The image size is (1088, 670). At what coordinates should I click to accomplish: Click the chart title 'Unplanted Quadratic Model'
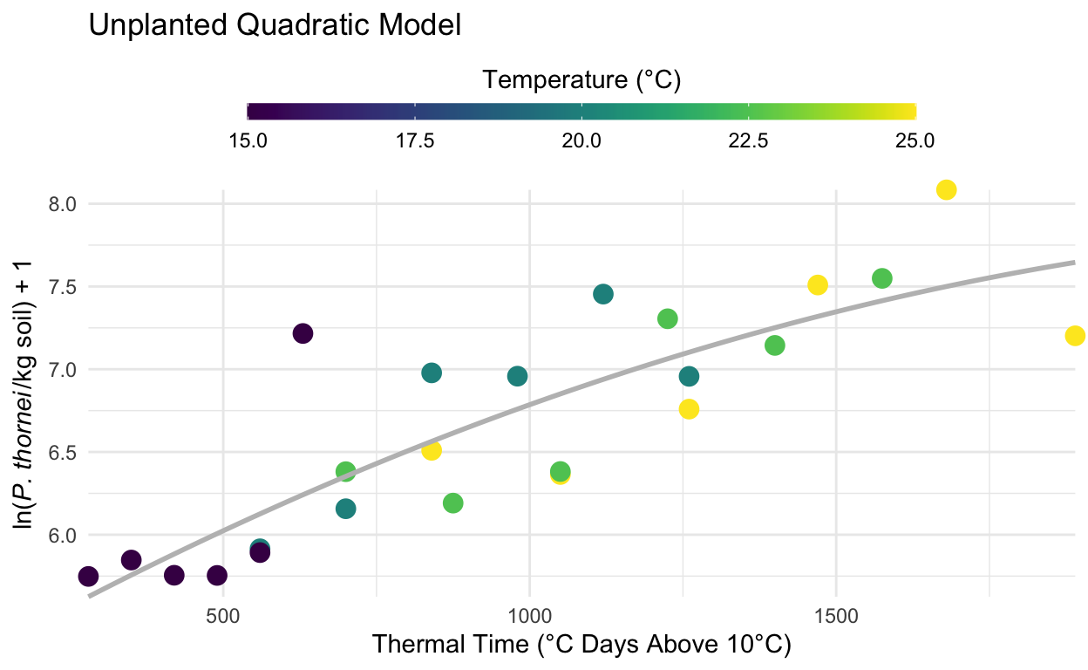point(275,26)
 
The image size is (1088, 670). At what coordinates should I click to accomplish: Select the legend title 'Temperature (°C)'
point(581,80)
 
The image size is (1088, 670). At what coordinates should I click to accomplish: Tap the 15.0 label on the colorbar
point(248,140)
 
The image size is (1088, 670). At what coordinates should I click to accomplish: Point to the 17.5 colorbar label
point(415,140)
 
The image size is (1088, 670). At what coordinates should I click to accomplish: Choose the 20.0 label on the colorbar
point(581,140)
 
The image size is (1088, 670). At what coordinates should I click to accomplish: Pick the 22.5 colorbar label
point(748,140)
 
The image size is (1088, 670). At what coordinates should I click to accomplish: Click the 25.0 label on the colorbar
point(915,140)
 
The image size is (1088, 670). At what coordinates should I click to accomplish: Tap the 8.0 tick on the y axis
point(62,204)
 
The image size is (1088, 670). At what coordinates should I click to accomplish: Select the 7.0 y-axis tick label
point(62,370)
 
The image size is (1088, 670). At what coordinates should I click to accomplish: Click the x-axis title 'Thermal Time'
point(581,646)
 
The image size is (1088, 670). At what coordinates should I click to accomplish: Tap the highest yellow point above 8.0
point(947,190)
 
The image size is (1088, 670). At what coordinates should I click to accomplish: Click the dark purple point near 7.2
point(303,333)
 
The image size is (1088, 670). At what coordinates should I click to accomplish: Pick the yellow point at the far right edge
point(1075,336)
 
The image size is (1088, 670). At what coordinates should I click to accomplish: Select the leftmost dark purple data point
point(88,576)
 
